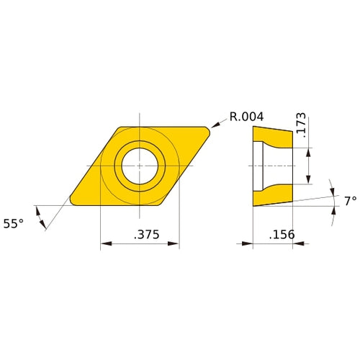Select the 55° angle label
pos(14,224)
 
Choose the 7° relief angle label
pos(349,202)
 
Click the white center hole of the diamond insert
pos(139,165)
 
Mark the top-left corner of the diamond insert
pos(119,127)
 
